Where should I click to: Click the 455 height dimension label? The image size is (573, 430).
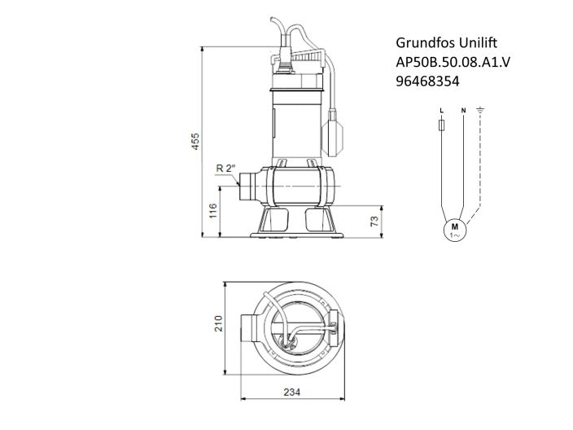[x=195, y=140]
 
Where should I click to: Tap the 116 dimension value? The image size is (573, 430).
[x=212, y=213]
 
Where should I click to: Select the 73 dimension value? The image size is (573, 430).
[x=375, y=221]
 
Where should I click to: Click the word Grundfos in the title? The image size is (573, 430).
[x=422, y=42]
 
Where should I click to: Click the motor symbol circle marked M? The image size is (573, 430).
[x=455, y=229]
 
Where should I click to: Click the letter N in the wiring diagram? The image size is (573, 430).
[x=462, y=108]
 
